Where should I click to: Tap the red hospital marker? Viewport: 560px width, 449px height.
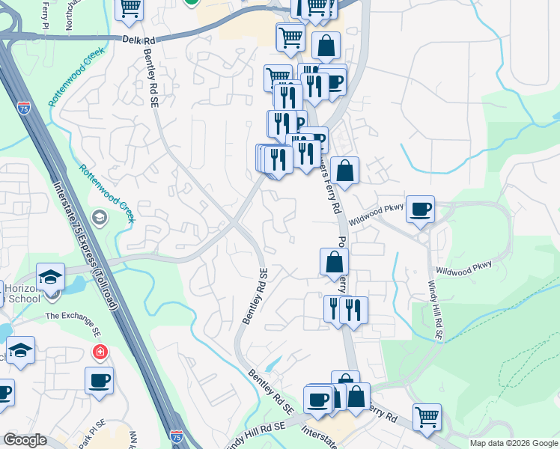(99, 351)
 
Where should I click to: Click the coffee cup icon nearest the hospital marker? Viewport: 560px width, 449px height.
(99, 380)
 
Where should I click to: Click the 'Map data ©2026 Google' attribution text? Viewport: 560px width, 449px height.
(514, 443)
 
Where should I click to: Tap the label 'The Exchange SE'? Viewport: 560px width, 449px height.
(73, 323)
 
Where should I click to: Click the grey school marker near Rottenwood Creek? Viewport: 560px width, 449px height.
(98, 217)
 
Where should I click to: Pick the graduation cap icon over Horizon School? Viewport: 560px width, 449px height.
(51, 277)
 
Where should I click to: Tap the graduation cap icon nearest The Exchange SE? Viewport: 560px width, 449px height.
(21, 350)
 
